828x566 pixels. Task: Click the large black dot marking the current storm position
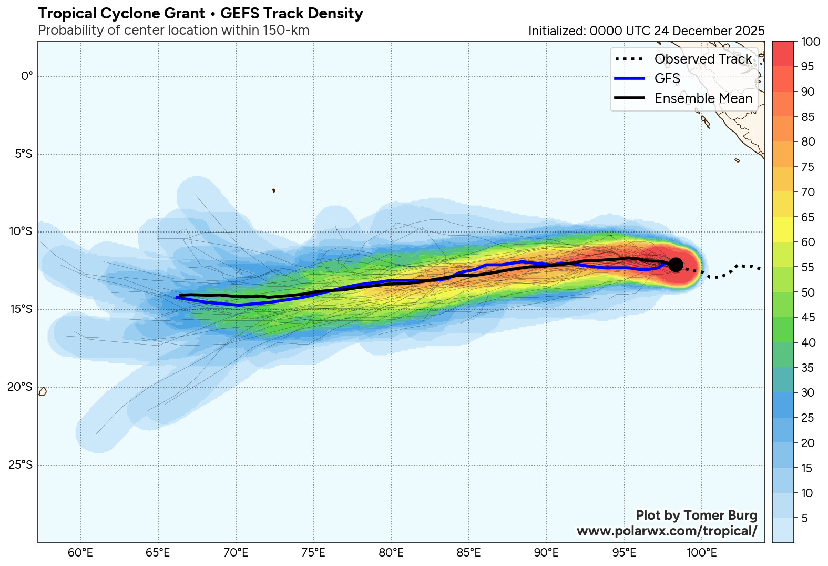pyautogui.click(x=676, y=265)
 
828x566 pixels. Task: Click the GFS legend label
pyautogui.click(x=667, y=78)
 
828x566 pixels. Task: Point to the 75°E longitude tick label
pyautogui.click(x=313, y=553)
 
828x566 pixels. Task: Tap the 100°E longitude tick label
pyautogui.click(x=702, y=553)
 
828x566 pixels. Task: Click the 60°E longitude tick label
pyautogui.click(x=80, y=553)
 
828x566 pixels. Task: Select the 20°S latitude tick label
pyautogui.click(x=20, y=387)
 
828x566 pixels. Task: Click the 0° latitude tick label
pyautogui.click(x=27, y=77)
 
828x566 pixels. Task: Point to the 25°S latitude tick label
pyautogui.click(x=20, y=465)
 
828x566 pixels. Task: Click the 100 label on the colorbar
pyautogui.click(x=810, y=42)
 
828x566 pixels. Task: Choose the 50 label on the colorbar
pyautogui.click(x=808, y=292)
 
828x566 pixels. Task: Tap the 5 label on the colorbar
pyautogui.click(x=804, y=519)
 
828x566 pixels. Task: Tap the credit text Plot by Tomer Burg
pyautogui.click(x=696, y=516)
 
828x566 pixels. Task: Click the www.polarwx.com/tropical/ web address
pyautogui.click(x=667, y=531)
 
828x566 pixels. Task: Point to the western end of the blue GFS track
pyautogui.click(x=177, y=298)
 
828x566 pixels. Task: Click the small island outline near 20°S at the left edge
pyautogui.click(x=43, y=392)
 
